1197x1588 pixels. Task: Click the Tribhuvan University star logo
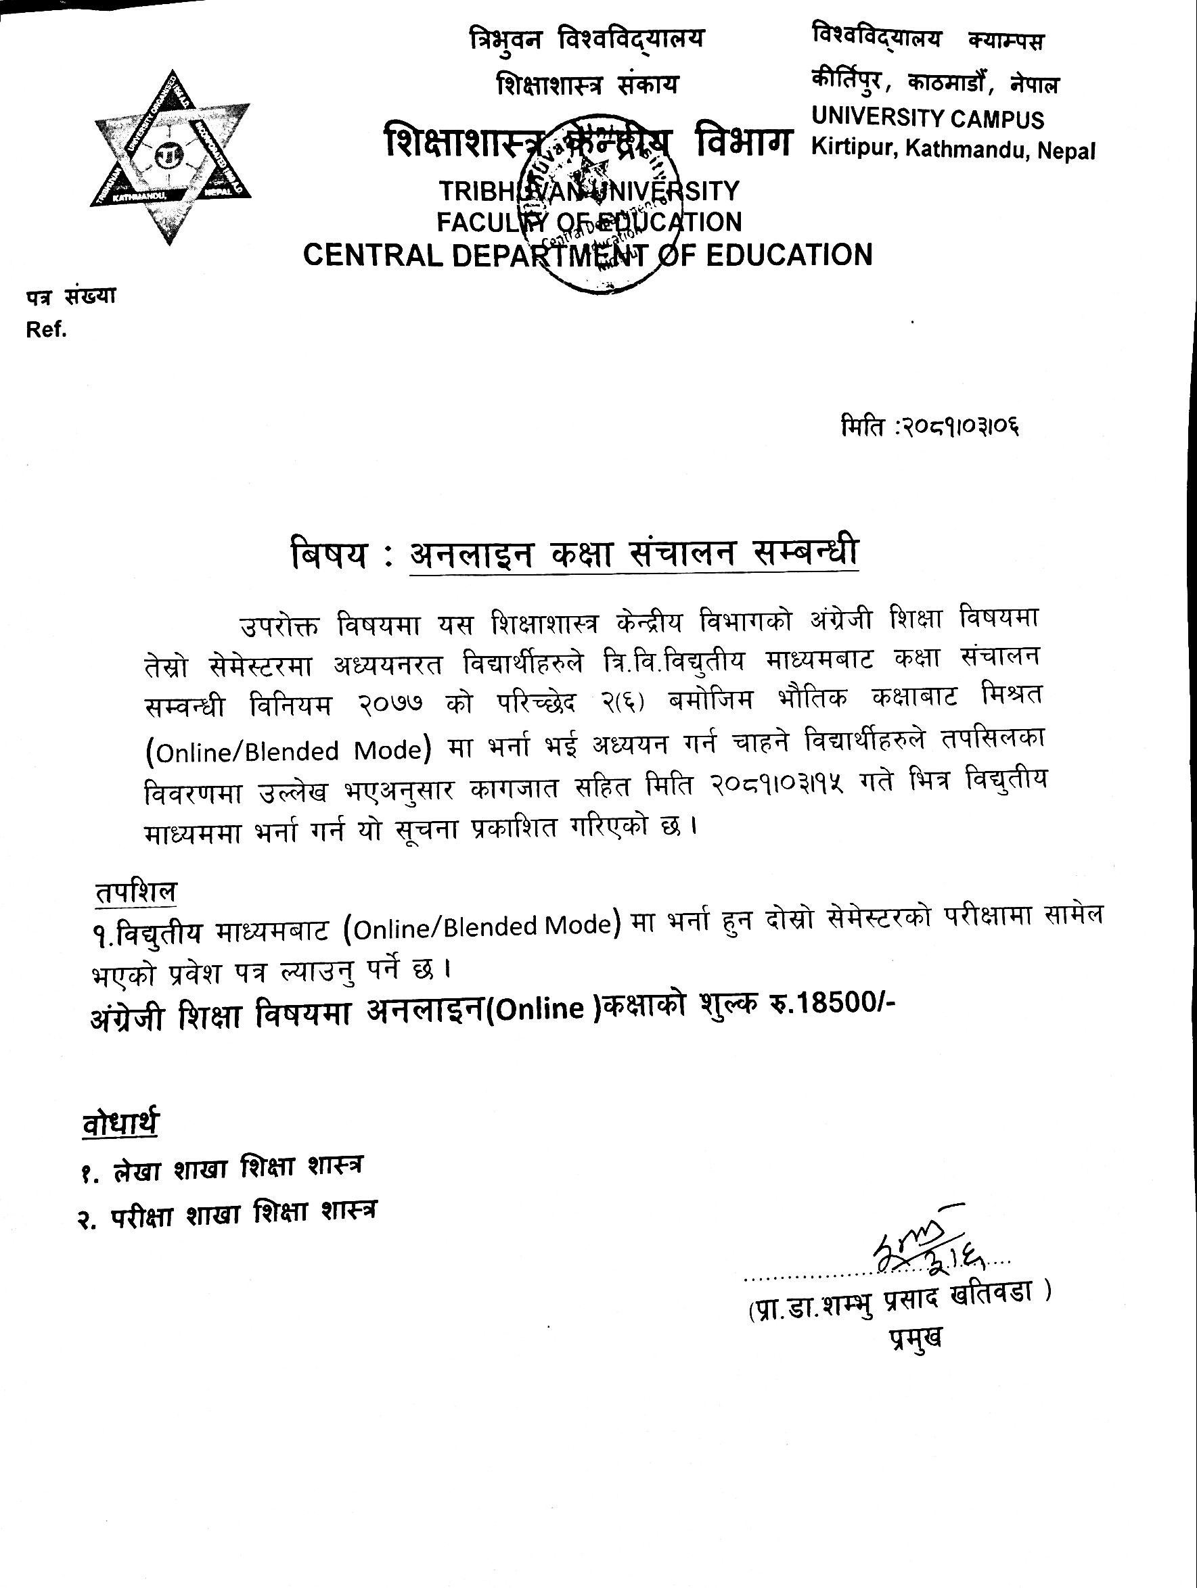[171, 156]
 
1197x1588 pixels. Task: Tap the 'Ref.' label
[47, 329]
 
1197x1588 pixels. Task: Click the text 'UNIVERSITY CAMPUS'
[927, 118]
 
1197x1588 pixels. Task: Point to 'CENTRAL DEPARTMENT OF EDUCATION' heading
[587, 255]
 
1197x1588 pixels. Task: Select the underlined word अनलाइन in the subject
[470, 554]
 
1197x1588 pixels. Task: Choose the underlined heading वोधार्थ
[120, 1123]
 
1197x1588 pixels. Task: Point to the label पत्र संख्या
[71, 296]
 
